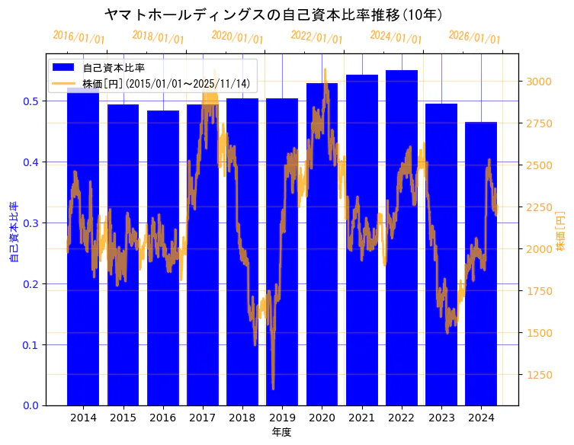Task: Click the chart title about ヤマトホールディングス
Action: tap(274, 14)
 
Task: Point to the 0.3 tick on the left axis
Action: tap(31, 223)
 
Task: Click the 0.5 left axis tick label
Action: tap(31, 101)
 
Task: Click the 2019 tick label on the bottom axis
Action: tap(282, 418)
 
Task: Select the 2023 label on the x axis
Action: tap(441, 418)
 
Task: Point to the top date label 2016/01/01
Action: tap(79, 37)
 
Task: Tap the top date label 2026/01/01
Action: tap(474, 37)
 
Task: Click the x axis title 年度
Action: tap(282, 432)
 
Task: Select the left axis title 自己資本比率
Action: tap(13, 232)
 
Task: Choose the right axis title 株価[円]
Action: tap(561, 232)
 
